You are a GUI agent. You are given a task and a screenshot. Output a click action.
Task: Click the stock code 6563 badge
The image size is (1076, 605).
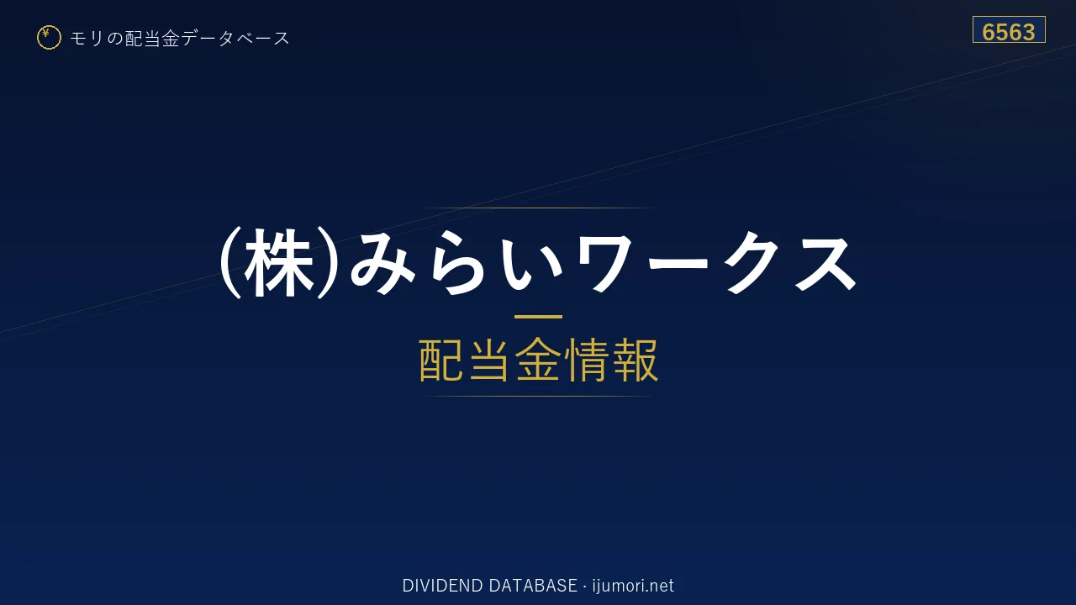(1009, 29)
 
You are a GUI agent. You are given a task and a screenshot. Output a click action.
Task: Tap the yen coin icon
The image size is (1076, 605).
(49, 38)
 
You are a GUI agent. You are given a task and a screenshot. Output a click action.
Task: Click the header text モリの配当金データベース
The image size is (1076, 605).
(180, 38)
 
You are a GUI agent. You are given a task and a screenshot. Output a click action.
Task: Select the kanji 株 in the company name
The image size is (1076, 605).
(278, 263)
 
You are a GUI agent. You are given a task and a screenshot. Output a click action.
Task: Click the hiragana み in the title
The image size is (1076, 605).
(382, 263)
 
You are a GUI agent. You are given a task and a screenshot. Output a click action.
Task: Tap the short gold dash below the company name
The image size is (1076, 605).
(538, 317)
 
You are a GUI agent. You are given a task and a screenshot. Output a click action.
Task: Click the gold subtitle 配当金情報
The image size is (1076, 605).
(539, 360)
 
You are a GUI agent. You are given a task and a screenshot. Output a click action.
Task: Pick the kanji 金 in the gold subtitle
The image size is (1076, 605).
(538, 360)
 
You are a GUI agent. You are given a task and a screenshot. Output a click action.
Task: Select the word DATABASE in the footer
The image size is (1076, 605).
(533, 586)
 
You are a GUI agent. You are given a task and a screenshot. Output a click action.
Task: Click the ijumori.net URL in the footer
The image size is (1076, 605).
(633, 586)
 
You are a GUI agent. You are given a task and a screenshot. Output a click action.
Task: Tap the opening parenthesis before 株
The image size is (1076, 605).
(229, 263)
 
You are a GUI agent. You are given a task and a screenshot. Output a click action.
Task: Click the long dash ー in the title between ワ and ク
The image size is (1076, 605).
(678, 263)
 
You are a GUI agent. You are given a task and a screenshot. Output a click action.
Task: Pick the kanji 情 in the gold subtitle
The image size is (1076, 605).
(587, 360)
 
